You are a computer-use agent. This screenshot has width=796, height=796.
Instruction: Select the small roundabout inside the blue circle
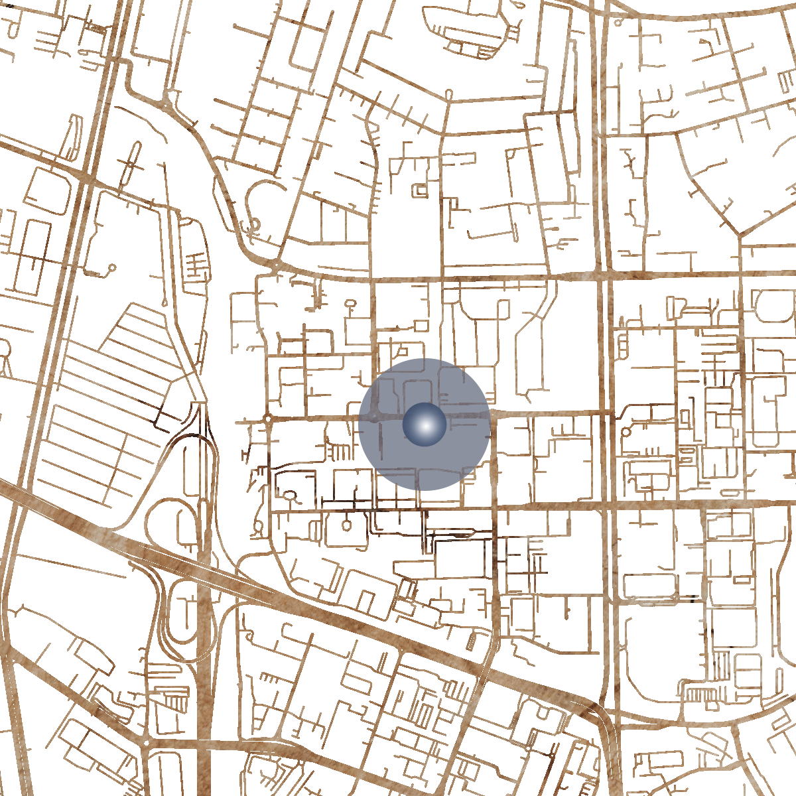click(375, 417)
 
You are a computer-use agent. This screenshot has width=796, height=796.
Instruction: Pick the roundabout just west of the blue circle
click(267, 419)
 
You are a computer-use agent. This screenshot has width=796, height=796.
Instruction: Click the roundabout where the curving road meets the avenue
click(276, 266)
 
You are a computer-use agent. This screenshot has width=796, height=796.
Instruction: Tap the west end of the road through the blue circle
click(237, 421)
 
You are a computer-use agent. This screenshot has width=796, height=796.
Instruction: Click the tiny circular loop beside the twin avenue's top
click(618, 23)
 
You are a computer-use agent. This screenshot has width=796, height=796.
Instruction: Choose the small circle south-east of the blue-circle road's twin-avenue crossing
click(626, 432)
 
